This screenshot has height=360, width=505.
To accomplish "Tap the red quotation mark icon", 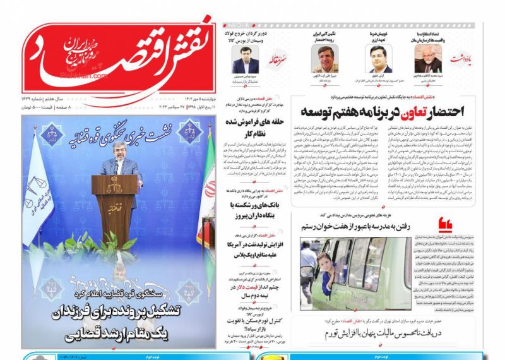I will (x=446, y=223).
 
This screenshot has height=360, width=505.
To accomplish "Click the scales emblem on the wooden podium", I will (x=114, y=188).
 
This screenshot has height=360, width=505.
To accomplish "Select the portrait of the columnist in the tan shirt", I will (x=324, y=59).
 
